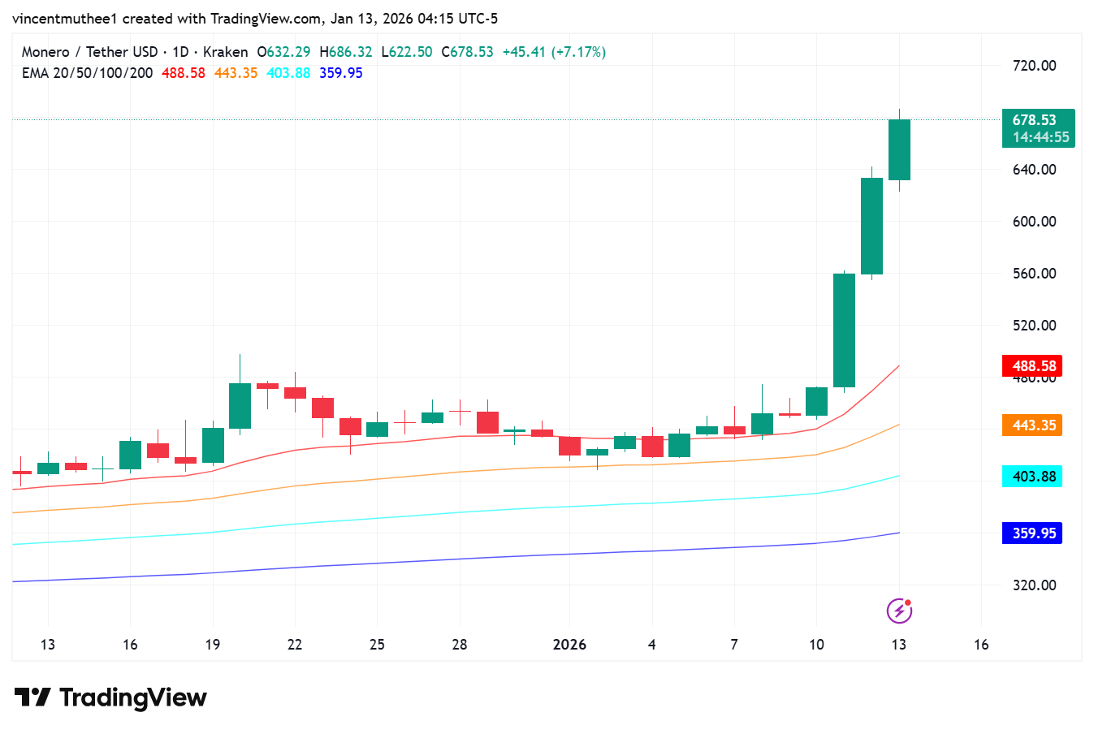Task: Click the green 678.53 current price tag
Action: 1037,128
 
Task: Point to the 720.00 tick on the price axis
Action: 1034,66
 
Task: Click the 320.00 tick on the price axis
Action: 1034,585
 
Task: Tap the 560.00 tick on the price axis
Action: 1034,274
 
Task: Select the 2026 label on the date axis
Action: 569,645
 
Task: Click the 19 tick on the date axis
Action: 213,645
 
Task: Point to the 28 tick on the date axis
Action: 460,645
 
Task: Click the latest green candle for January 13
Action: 899,150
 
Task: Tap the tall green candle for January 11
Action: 844,330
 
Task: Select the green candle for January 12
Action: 871,226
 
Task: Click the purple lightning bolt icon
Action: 899,611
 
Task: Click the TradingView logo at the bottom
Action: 111,697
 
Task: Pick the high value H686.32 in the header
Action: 346,52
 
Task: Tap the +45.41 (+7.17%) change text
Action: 554,52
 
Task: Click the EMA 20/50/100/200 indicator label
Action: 87,73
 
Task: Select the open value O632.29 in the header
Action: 283,52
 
